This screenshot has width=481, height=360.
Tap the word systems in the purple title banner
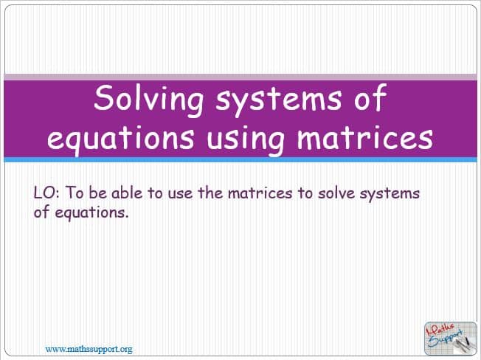click(279, 100)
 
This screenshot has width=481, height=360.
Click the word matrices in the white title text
click(364, 136)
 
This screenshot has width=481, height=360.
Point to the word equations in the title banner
click(121, 139)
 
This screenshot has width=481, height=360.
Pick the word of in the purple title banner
click(370, 97)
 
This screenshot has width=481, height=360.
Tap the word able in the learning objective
click(127, 193)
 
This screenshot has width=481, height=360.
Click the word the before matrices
click(210, 193)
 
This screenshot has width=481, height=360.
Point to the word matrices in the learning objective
click(260, 193)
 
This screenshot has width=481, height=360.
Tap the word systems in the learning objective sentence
click(390, 195)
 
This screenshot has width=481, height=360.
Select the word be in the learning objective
click(98, 193)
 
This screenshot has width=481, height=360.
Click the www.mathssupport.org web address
click(89, 349)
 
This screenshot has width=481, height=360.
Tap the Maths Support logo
click(450, 338)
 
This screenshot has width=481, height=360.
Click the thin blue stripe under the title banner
click(240, 160)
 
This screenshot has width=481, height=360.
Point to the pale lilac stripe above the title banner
click(240, 77)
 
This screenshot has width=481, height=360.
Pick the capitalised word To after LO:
click(75, 193)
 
